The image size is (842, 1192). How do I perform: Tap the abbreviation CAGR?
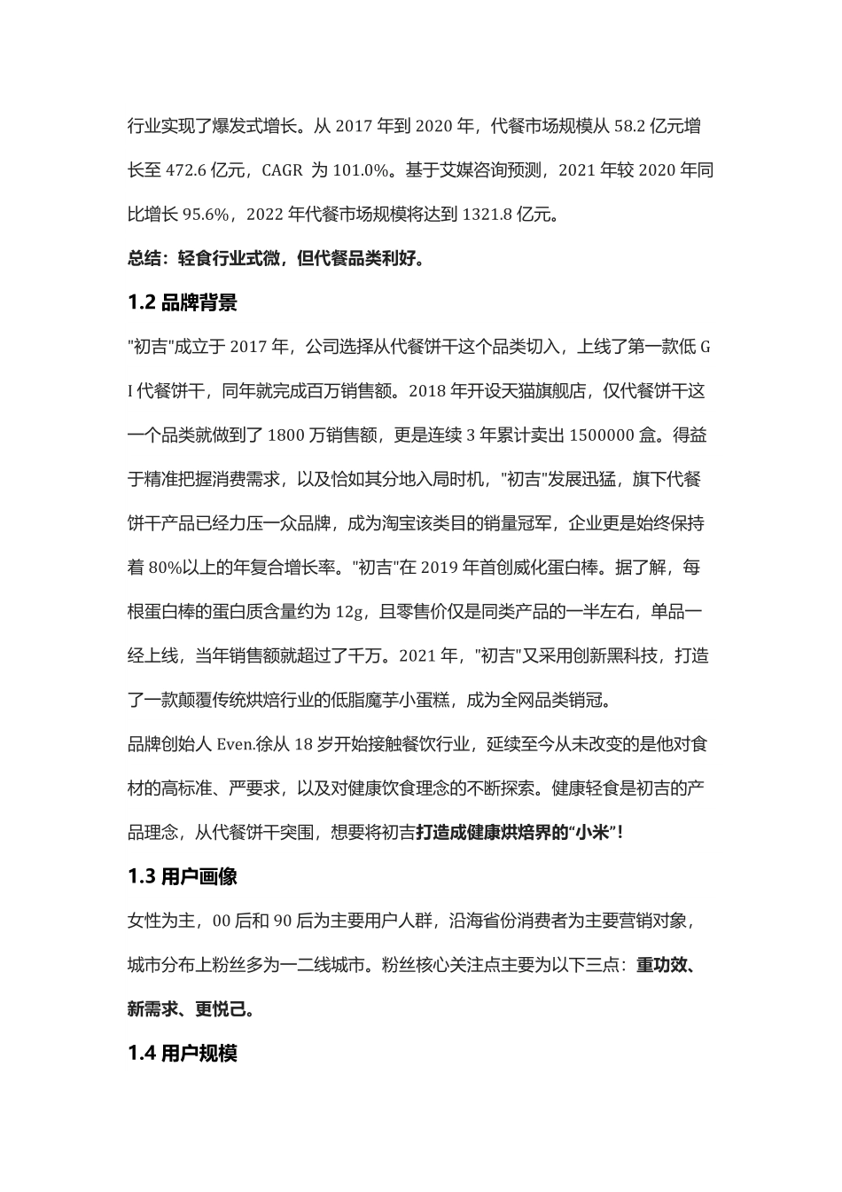click(283, 170)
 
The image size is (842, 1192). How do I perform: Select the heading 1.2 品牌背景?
click(183, 303)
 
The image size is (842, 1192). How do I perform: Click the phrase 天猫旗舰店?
click(550, 391)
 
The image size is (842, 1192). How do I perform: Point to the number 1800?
click(285, 435)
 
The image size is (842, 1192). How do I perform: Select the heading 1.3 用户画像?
click(183, 877)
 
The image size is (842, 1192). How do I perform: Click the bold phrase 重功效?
click(661, 965)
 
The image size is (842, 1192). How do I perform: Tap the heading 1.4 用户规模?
click(183, 1054)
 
